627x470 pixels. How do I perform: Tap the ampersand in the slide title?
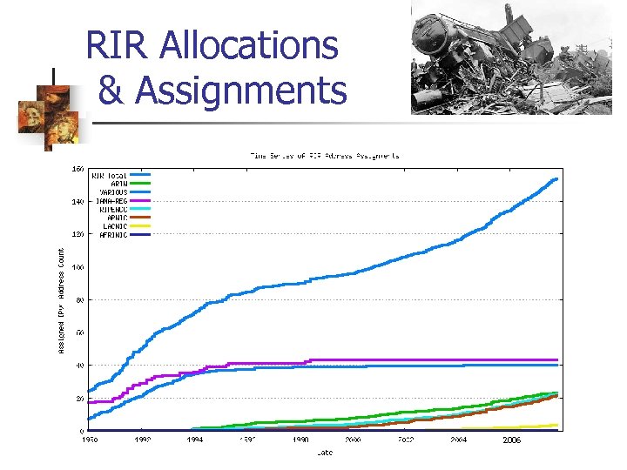pos(109,90)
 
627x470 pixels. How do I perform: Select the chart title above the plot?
pos(325,156)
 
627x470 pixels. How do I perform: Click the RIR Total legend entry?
pos(110,176)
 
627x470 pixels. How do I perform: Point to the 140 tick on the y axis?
pos(78,202)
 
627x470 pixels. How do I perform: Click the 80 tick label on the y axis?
pos(79,300)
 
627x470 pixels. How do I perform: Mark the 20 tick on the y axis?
pos(79,399)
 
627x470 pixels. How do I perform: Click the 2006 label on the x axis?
pos(511,440)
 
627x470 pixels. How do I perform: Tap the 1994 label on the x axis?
pos(195,440)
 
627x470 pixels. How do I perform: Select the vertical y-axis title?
pos(61,298)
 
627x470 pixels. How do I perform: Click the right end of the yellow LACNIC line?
pos(556,425)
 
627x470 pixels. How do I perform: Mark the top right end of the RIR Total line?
pos(556,179)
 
